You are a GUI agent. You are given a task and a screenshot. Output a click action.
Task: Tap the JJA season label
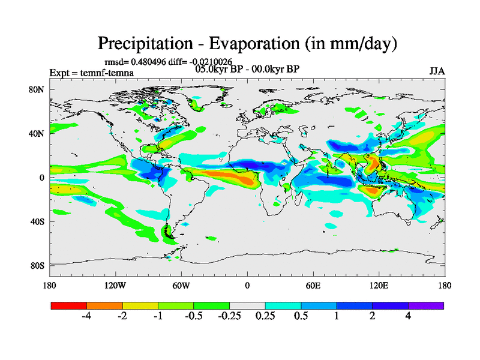coord(437,71)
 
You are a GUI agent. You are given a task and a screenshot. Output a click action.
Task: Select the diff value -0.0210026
coord(206,62)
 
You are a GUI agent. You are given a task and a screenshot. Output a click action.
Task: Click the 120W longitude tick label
coord(115,285)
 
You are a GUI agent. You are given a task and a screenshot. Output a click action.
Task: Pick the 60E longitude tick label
coord(313,285)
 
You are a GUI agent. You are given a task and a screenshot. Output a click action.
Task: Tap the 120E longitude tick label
coord(379,285)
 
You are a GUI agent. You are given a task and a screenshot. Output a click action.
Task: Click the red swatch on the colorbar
coord(69,305)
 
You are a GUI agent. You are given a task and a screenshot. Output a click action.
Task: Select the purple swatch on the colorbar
coord(426,305)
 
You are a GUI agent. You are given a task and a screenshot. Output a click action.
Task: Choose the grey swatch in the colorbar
coord(247,305)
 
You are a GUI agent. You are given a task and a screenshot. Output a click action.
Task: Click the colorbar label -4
coord(86,316)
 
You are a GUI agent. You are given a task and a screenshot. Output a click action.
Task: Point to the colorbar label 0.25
coord(265,316)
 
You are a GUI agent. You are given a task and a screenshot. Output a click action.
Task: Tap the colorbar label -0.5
coord(193,316)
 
